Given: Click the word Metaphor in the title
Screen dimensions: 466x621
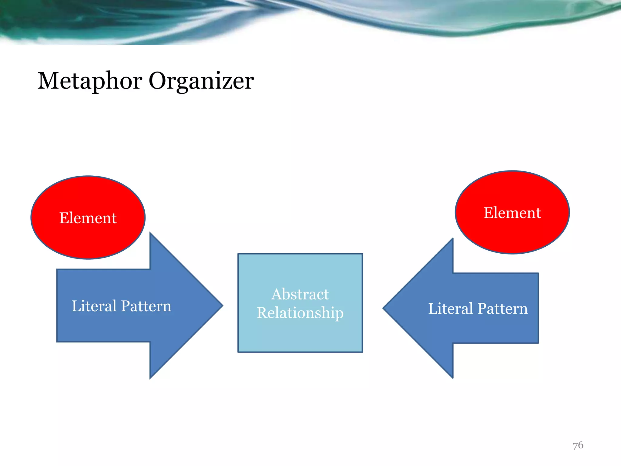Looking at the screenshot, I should pos(90,81).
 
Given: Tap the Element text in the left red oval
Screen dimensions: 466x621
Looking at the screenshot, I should pos(88,218).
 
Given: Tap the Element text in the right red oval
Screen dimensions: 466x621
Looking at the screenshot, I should pos(512,213).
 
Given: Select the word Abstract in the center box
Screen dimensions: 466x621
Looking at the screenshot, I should pos(300,294).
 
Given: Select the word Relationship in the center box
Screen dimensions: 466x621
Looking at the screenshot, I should pos(300,313).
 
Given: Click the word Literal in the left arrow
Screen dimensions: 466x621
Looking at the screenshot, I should pos(94,306).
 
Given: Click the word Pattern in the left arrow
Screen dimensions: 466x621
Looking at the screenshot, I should pos(146,306).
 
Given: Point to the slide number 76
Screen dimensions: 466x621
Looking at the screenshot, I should pos(578,445).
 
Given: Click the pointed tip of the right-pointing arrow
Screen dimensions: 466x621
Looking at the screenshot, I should pos(222,306).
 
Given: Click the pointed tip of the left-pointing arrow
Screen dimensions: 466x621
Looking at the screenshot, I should pos(384,308).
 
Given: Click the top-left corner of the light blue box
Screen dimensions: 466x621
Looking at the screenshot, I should pos(238,254).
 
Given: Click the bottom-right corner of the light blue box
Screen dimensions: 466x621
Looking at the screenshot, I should pos(362,352).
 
